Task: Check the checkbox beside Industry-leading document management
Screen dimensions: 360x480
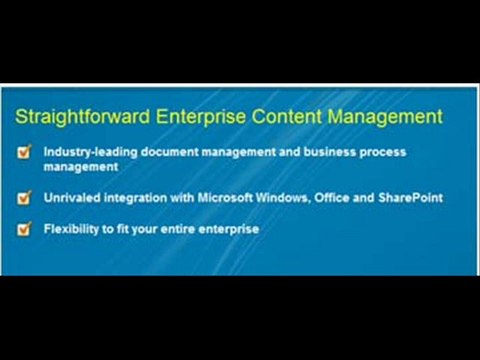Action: tap(23, 154)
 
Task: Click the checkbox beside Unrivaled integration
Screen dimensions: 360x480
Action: tap(23, 198)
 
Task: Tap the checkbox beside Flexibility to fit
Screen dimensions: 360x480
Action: tap(23, 229)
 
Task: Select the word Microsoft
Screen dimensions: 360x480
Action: tap(217, 198)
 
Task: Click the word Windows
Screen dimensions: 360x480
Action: tap(277, 198)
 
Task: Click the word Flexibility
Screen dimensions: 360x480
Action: tap(71, 229)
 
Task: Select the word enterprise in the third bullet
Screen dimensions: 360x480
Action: tap(234, 229)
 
